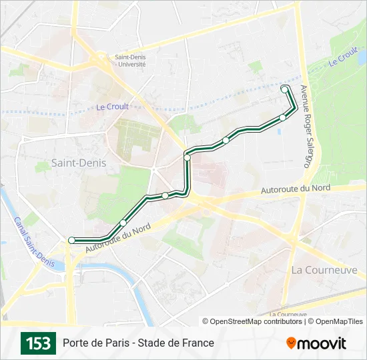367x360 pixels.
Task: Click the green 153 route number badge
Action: (38, 343)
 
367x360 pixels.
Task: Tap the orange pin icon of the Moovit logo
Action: (291, 343)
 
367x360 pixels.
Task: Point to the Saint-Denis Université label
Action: (130, 61)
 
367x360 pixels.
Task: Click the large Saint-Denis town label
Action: (79, 163)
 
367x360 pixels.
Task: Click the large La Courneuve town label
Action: (324, 270)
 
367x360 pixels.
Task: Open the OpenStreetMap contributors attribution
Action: (253, 321)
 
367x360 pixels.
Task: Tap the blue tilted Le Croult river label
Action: (343, 57)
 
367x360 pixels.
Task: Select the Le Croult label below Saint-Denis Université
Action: (112, 107)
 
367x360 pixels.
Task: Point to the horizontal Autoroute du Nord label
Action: (295, 189)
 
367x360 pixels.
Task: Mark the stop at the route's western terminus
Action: (71, 240)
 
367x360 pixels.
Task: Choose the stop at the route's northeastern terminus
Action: (285, 89)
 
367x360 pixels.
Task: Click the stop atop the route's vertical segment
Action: (188, 157)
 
